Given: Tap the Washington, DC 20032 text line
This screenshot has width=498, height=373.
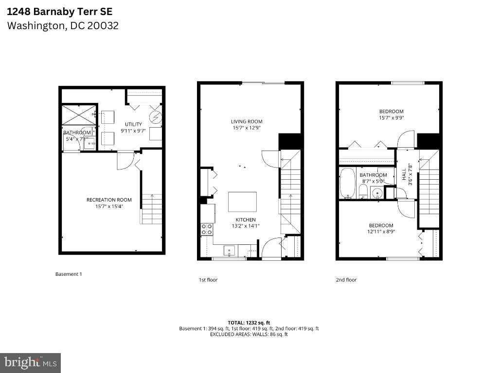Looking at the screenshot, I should (63, 26).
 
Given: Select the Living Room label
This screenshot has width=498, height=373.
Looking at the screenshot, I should (247, 121).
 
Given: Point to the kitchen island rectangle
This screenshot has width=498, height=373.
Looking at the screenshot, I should (243, 201).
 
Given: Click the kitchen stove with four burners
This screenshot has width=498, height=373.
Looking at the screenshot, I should (207, 229).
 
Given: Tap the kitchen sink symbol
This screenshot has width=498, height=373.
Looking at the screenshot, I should (229, 251).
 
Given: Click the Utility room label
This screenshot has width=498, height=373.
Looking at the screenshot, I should (133, 124).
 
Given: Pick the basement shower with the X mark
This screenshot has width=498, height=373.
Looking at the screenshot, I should (78, 114).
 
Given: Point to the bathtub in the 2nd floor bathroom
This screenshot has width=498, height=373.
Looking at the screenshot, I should (347, 183).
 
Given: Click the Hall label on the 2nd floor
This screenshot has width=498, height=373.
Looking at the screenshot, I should (404, 174).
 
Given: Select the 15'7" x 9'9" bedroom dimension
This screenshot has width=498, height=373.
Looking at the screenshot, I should (391, 118).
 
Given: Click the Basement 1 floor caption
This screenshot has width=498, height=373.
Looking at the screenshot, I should (69, 274).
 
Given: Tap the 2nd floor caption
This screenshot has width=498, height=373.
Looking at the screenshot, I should (346, 280).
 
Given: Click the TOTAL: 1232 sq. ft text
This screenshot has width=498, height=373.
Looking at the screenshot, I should (249, 322).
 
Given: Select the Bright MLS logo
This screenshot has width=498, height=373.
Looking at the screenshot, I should (30, 362).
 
